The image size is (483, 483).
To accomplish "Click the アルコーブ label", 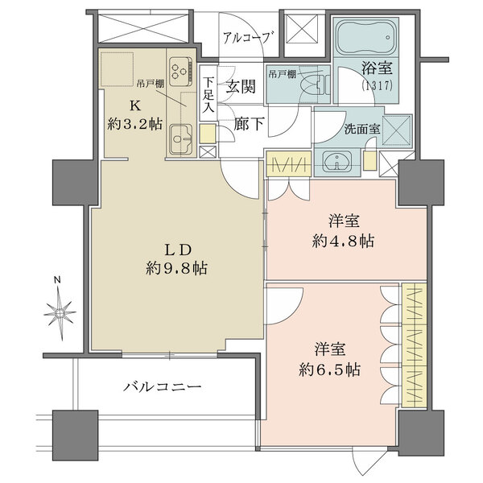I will [x=248, y=37].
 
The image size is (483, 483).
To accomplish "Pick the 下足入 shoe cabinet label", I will [x=208, y=93].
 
